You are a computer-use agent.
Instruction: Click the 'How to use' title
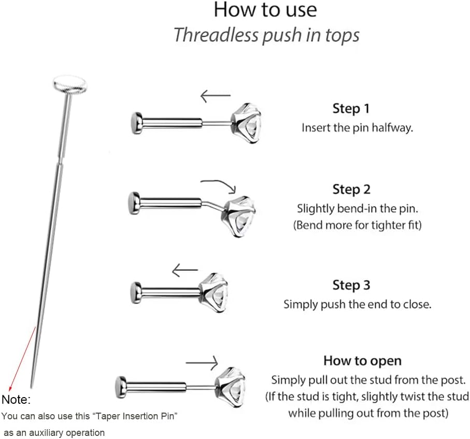click(x=265, y=10)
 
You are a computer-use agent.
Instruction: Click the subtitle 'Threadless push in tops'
click(x=266, y=35)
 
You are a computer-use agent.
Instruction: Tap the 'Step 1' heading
click(x=351, y=109)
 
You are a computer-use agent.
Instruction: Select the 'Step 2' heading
click(x=351, y=189)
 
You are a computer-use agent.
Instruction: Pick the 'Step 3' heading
click(x=351, y=285)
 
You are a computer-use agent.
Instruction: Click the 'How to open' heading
click(x=362, y=360)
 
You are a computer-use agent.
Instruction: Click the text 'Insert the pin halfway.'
click(x=357, y=128)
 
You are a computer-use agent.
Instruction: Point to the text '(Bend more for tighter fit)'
click(x=358, y=226)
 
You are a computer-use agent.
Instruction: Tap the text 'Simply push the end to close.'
click(x=357, y=304)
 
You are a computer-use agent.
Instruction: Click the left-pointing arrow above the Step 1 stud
click(x=215, y=96)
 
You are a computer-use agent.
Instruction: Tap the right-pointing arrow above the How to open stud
click(x=201, y=362)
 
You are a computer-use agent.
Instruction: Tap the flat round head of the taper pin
click(x=70, y=83)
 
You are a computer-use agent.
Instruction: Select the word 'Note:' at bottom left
click(x=16, y=400)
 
